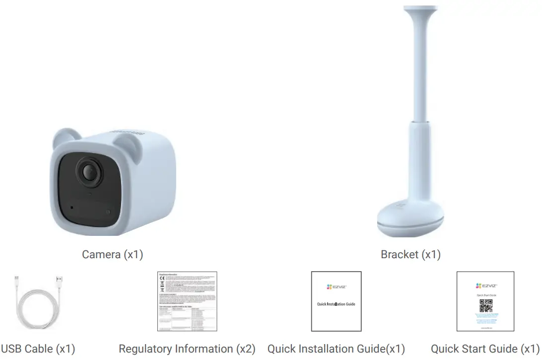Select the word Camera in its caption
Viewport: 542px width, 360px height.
pos(101,255)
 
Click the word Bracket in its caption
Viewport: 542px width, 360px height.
pos(399,255)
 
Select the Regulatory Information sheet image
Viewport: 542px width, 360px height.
pos(187,301)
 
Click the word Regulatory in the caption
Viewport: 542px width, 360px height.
pos(145,349)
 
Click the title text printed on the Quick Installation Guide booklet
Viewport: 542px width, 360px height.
pos(336,304)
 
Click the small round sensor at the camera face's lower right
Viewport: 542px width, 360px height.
pos(108,212)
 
